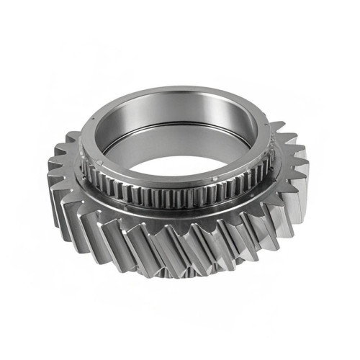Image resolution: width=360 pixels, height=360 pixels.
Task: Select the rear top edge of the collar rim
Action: pyautogui.click(x=180, y=89)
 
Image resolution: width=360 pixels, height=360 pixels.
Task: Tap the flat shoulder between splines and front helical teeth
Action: pyautogui.click(x=180, y=213)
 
